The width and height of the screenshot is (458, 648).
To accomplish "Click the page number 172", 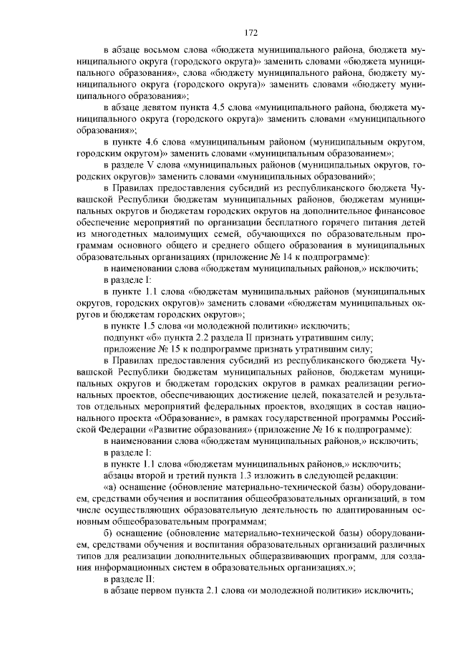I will pos(250,32).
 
